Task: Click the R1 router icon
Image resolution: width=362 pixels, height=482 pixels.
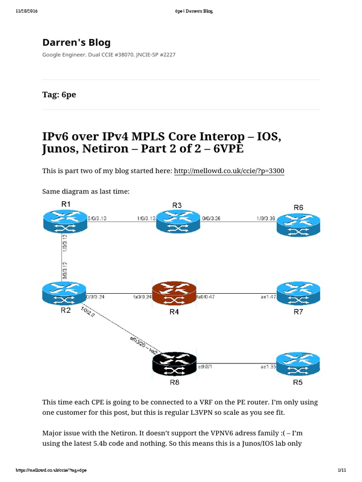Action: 65,221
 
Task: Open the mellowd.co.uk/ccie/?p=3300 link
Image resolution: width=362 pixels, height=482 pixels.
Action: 229,171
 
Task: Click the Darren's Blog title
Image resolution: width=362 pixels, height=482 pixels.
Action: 76,43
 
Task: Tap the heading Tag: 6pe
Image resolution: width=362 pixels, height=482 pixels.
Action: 59,95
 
